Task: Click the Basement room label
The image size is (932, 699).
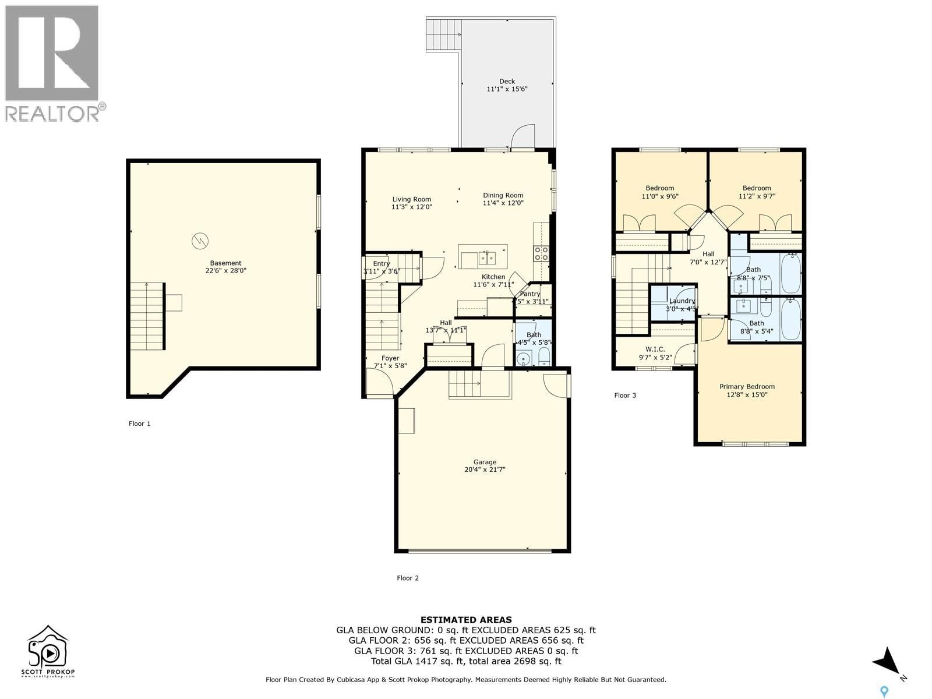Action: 225,263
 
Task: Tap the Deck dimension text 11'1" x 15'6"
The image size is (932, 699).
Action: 507,89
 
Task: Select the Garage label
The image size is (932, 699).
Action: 484,462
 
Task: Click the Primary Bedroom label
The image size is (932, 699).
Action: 747,387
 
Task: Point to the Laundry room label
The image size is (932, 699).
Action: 682,301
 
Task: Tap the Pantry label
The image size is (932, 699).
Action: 530,294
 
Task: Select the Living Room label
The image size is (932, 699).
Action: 411,199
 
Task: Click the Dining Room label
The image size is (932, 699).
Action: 503,196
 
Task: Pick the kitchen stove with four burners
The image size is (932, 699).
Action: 541,253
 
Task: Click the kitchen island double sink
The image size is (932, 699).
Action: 487,257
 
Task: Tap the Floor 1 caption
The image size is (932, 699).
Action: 139,423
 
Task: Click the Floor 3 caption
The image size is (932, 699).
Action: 625,396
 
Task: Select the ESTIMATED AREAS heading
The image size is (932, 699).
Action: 466,620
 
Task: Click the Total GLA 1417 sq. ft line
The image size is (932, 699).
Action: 466,661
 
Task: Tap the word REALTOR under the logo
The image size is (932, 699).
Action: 52,113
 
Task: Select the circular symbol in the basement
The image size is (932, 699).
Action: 200,240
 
